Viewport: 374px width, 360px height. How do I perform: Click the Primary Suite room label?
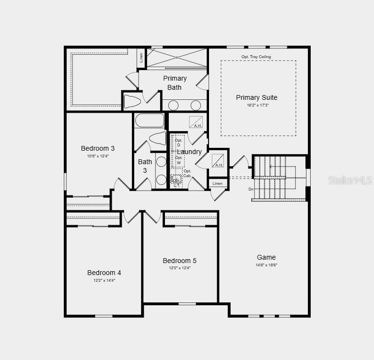[x=257, y=97]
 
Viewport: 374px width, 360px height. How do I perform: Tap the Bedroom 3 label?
[x=98, y=148]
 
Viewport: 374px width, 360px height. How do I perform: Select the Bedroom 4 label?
[x=104, y=273]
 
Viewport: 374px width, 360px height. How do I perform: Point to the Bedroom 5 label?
[x=179, y=261]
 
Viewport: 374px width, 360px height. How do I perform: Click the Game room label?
[x=266, y=257]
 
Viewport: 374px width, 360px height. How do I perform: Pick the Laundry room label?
[x=189, y=152]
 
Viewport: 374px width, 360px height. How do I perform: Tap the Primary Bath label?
[x=175, y=83]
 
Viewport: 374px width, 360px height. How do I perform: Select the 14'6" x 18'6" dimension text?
[x=266, y=265]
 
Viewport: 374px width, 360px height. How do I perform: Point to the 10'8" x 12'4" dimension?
[x=98, y=156]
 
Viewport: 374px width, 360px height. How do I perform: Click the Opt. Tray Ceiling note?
[x=256, y=57]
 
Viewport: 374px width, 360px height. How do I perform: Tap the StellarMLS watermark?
[x=350, y=180]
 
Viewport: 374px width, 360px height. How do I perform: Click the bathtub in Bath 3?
[x=150, y=120]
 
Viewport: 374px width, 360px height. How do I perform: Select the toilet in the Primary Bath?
[x=132, y=101]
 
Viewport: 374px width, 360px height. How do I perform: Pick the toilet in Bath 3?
[x=157, y=138]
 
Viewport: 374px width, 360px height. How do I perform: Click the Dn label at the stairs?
[x=251, y=189]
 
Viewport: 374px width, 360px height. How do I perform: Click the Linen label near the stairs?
[x=218, y=183]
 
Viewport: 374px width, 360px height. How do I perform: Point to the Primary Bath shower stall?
[x=177, y=58]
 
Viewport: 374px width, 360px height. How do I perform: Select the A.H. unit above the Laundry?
[x=196, y=122]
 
